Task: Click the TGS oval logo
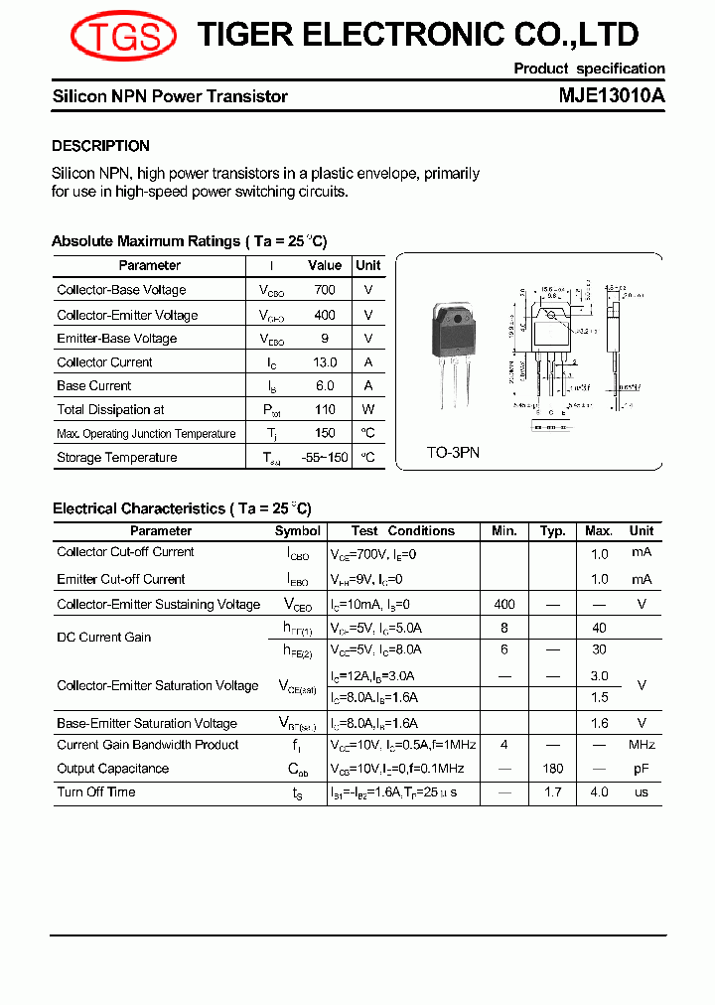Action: pos(122,37)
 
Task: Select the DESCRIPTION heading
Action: pos(100,146)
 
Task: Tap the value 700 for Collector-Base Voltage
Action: pos(324,290)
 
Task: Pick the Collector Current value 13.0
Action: pos(324,362)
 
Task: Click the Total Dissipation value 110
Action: pos(324,409)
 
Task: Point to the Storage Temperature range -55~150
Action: pos(324,457)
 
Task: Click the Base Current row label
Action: pos(93,385)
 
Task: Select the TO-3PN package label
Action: pos(453,452)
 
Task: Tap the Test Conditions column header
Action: pos(402,531)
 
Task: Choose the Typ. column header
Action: pos(553,531)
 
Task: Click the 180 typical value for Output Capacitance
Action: pos(553,769)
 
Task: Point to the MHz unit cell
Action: pos(642,745)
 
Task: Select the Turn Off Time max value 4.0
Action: pos(599,792)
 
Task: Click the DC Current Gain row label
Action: pos(103,638)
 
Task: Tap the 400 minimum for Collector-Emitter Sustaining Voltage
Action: pos(504,604)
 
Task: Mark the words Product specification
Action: pos(589,69)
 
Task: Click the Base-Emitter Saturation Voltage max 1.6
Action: pos(599,724)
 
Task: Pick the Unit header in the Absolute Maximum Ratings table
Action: pos(367,266)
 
